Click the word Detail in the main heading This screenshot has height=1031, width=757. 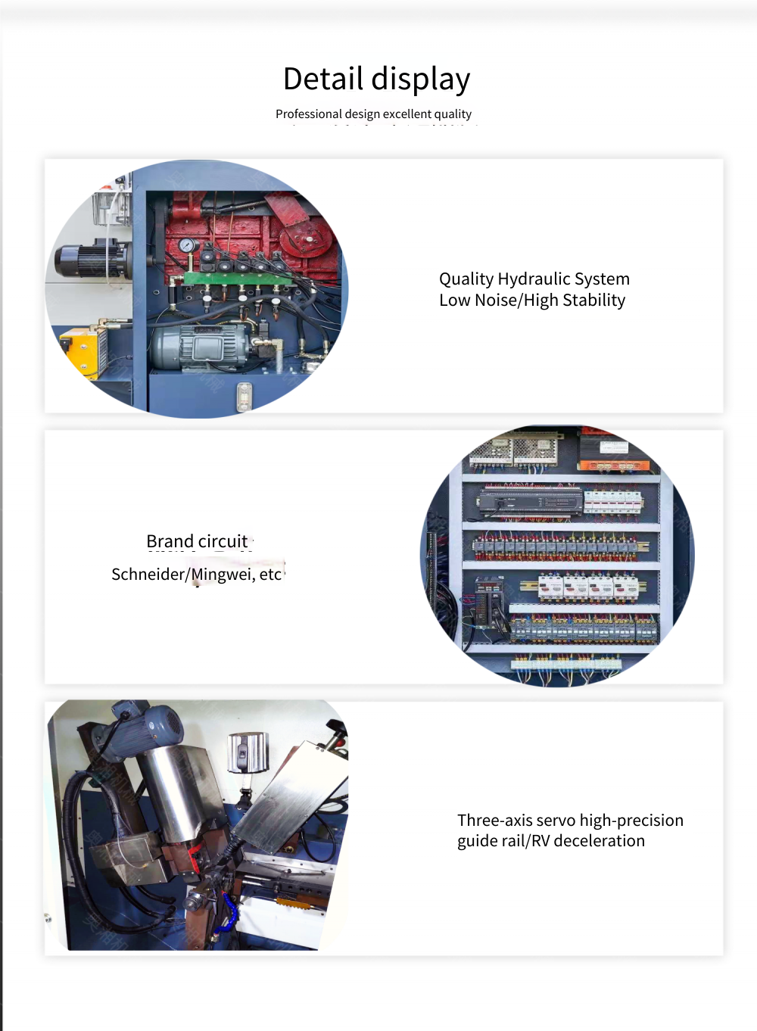point(323,78)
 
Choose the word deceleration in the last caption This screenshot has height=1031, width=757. point(599,841)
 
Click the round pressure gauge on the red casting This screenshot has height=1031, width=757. point(188,245)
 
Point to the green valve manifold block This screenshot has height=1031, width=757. point(238,278)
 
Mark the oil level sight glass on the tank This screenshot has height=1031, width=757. point(244,396)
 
